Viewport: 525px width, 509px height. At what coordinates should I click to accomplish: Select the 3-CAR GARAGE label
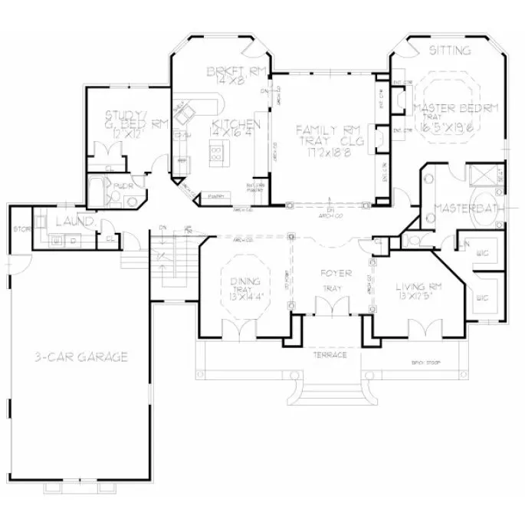click(x=80, y=357)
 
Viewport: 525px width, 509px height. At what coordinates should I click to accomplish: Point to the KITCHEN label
click(x=236, y=123)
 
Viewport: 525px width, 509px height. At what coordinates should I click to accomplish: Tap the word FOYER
click(x=336, y=273)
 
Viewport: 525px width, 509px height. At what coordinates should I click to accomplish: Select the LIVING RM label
click(x=415, y=287)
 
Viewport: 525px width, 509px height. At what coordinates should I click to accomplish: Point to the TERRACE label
click(x=331, y=356)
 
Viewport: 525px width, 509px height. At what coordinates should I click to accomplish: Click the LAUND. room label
click(x=74, y=222)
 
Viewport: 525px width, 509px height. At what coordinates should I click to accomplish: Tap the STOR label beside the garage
click(x=19, y=228)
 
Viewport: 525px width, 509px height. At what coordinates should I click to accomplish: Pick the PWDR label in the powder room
click(x=120, y=186)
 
